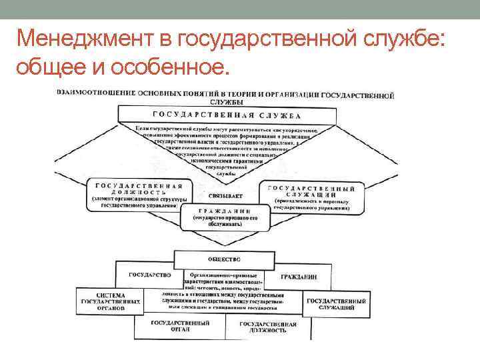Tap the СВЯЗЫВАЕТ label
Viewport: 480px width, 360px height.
(x=225, y=196)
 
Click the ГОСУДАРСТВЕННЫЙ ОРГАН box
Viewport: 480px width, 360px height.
(x=180, y=326)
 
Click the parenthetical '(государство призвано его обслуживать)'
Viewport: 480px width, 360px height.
(x=225, y=221)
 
